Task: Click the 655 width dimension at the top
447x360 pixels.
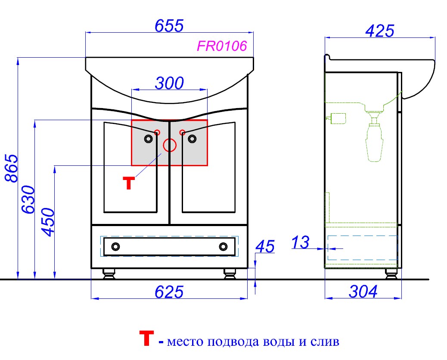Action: click(169, 26)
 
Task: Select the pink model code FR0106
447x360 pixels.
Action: click(222, 46)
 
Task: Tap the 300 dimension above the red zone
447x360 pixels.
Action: click(169, 83)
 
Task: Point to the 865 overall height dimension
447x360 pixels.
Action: click(12, 168)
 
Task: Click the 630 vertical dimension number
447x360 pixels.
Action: click(28, 199)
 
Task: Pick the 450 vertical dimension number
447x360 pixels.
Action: click(48, 222)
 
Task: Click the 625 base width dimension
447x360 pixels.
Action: click(169, 292)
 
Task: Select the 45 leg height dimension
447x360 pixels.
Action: click(265, 247)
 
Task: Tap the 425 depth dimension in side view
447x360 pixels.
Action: click(380, 31)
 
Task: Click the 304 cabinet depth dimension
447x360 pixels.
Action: click(363, 292)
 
